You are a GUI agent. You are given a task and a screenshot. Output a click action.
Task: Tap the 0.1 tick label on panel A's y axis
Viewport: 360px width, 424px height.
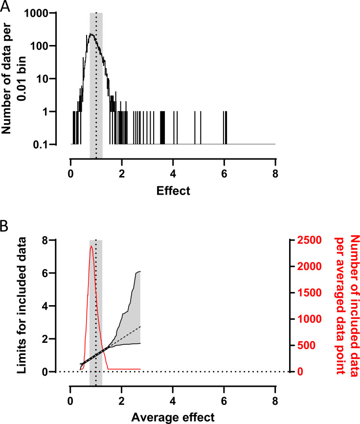47,144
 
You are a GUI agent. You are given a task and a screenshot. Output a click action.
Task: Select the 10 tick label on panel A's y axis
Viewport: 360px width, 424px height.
50,79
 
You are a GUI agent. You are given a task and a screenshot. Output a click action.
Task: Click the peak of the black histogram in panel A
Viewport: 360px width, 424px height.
91,34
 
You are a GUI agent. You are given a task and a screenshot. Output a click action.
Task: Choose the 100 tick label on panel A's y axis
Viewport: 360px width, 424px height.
47,46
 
